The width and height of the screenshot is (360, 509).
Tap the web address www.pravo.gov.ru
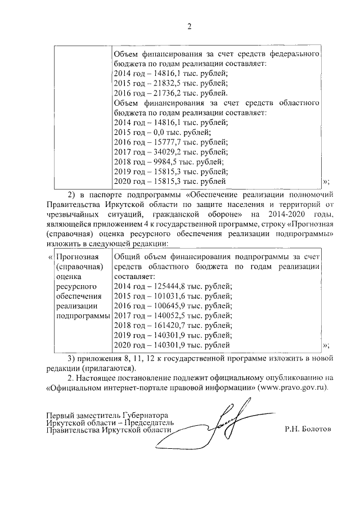point(290,388)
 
